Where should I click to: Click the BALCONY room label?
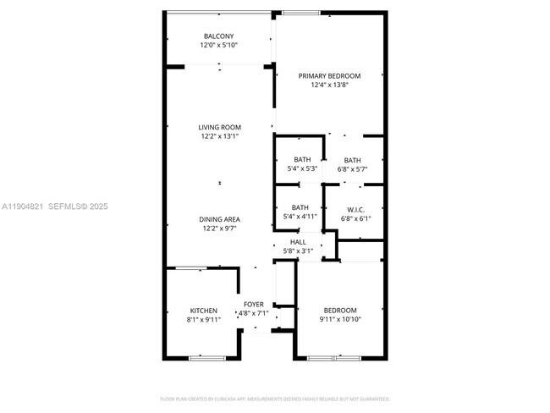pyautogui.click(x=219, y=36)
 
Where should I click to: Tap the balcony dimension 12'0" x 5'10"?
pyautogui.click(x=219, y=45)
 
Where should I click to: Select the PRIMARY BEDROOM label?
pyautogui.click(x=329, y=75)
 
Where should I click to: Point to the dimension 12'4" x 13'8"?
pyautogui.click(x=329, y=85)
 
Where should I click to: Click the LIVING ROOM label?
pyautogui.click(x=219, y=127)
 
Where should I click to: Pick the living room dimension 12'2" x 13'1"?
pyautogui.click(x=219, y=136)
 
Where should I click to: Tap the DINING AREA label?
pyautogui.click(x=219, y=219)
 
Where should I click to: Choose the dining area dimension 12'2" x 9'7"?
pyautogui.click(x=219, y=229)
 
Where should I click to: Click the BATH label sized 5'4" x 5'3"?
pyautogui.click(x=302, y=160)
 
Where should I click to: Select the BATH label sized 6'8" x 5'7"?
pyautogui.click(x=352, y=160)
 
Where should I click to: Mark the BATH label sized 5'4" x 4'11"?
pyautogui.click(x=300, y=207)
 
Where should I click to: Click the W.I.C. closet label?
pyautogui.click(x=355, y=209)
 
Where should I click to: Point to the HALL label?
pyautogui.click(x=298, y=242)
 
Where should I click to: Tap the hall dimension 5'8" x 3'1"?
pyautogui.click(x=298, y=251)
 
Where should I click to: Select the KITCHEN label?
pyautogui.click(x=203, y=311)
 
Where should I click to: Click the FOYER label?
pyautogui.click(x=254, y=304)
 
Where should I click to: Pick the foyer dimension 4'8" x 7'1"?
pyautogui.click(x=254, y=313)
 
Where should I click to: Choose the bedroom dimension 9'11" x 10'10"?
pyautogui.click(x=339, y=320)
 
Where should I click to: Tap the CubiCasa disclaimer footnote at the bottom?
pyautogui.click(x=275, y=398)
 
